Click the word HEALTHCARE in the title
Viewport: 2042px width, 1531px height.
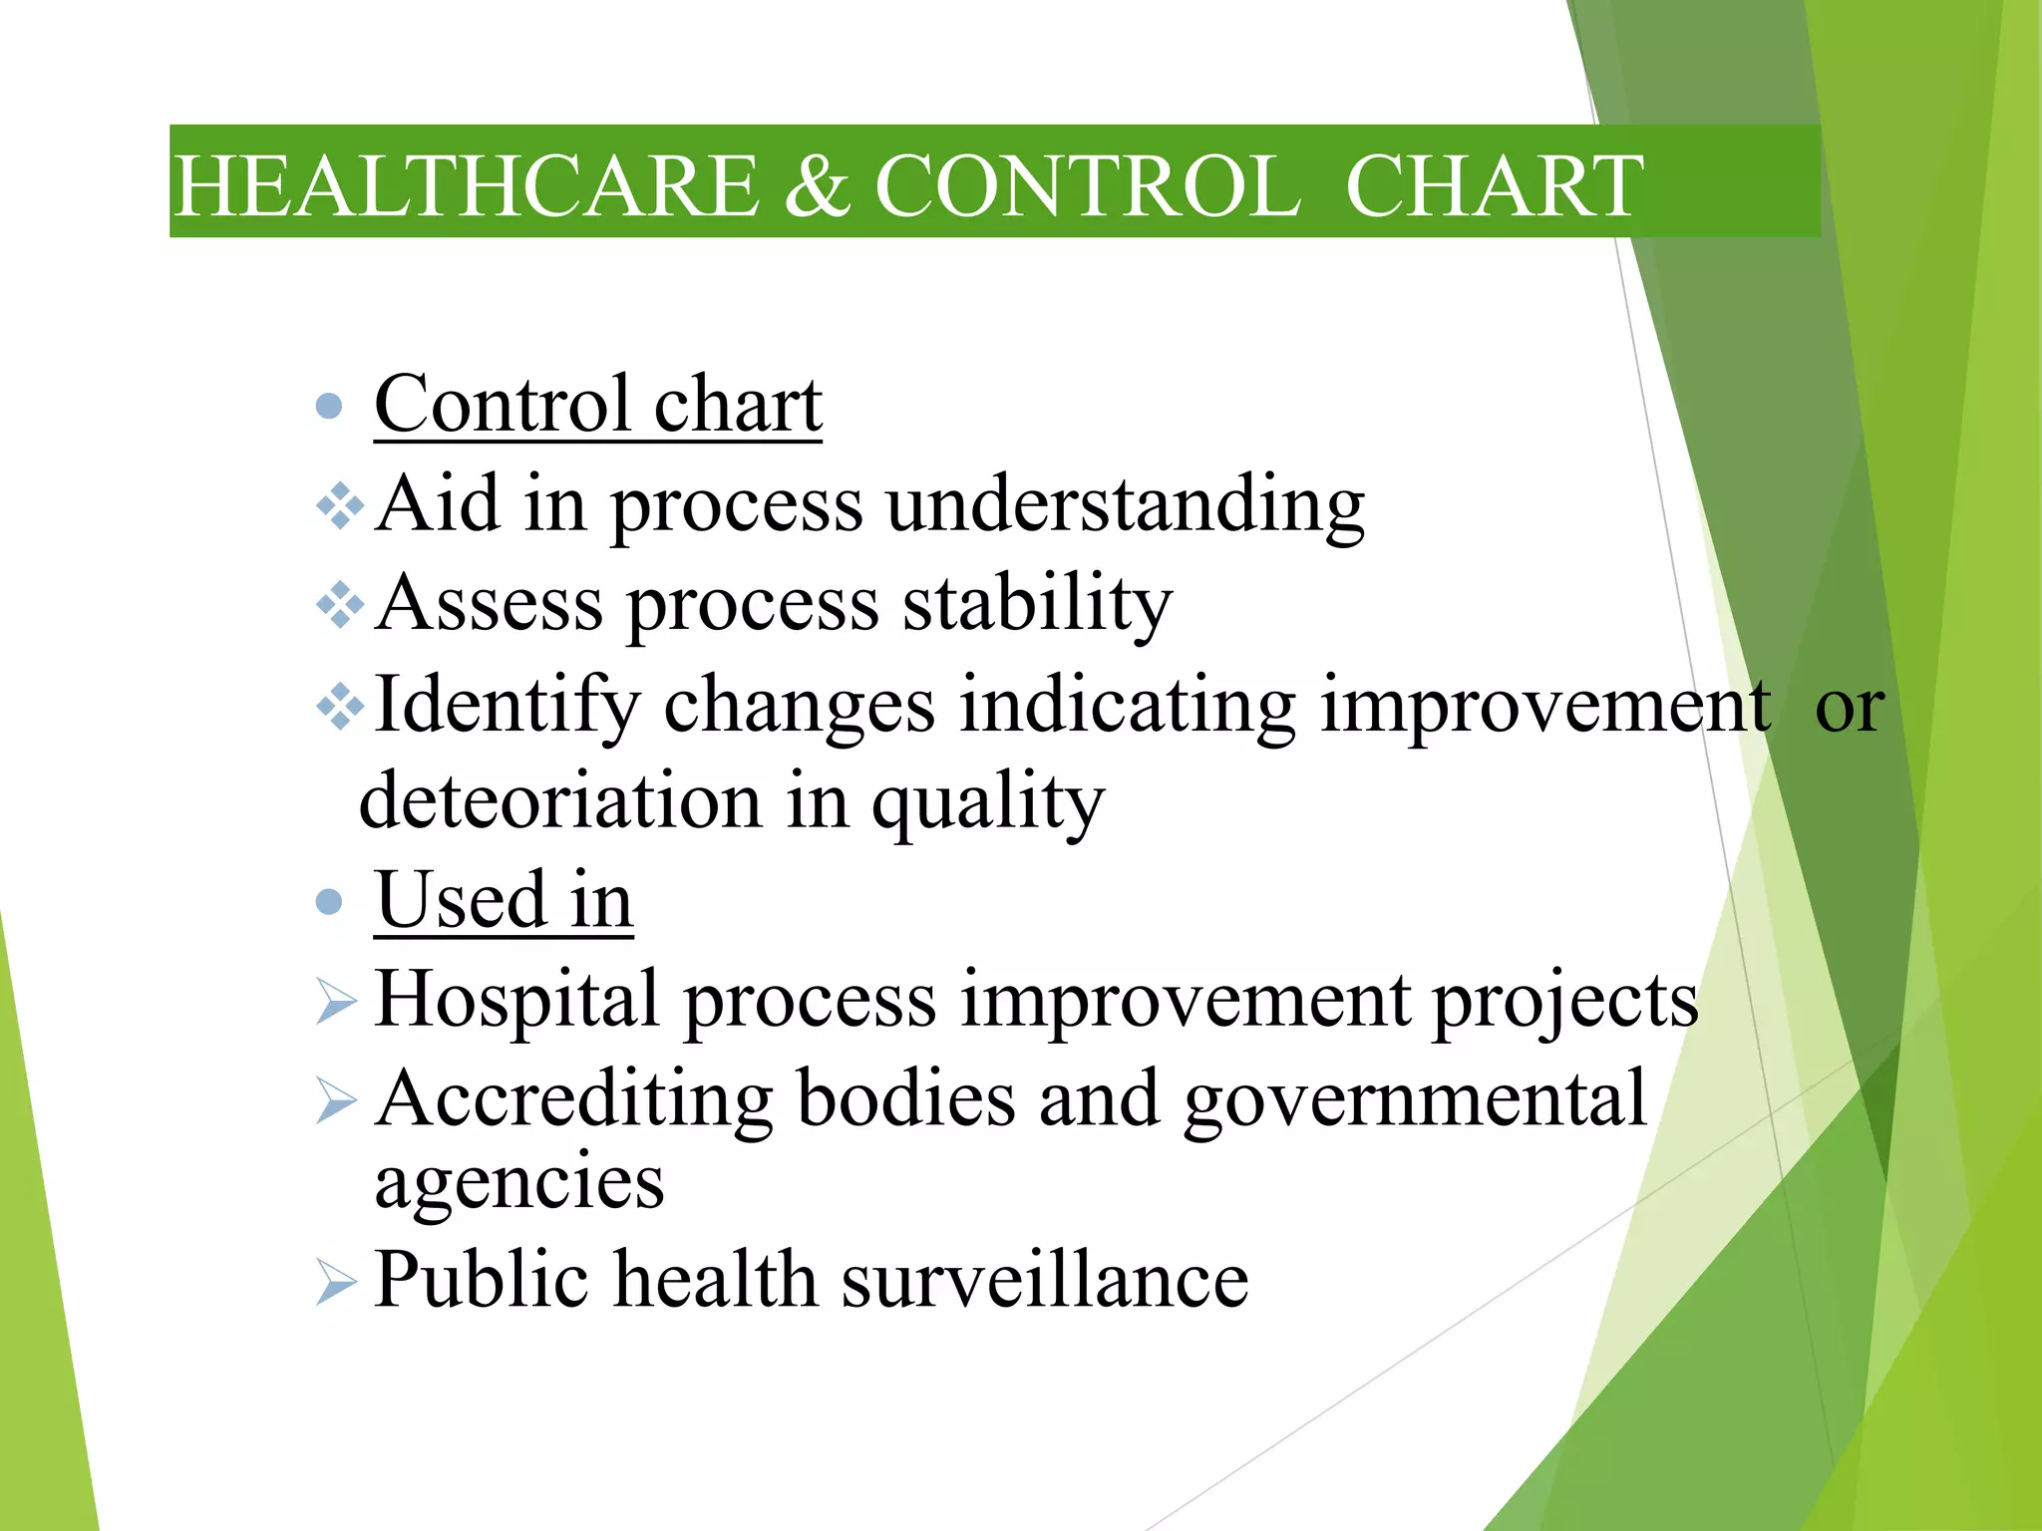point(467,186)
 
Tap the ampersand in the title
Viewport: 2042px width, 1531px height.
point(816,186)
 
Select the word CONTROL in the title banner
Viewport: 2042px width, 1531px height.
point(1087,186)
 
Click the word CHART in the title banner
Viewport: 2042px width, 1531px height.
point(1493,186)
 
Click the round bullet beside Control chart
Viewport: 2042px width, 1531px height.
point(328,406)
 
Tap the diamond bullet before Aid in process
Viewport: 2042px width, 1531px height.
point(340,506)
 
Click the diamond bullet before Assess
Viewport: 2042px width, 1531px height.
point(340,605)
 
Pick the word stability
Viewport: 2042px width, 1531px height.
point(1037,605)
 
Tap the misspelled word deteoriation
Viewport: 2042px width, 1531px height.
point(559,801)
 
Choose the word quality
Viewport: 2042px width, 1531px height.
point(988,803)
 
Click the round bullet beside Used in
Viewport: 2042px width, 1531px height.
point(328,902)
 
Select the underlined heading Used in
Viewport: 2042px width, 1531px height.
point(504,900)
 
